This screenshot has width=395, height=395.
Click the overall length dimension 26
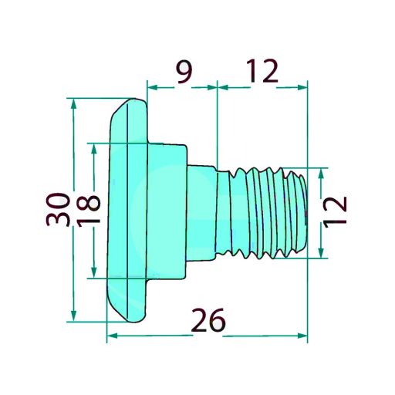point(208,319)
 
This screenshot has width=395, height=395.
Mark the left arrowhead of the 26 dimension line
point(110,336)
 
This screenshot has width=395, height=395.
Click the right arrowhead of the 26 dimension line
point(302,336)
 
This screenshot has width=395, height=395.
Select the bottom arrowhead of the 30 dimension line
point(74,316)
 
